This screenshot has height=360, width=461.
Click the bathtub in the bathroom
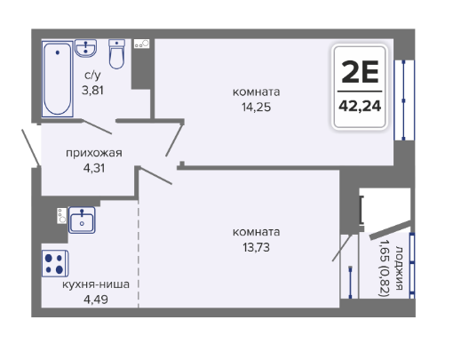tap(58, 79)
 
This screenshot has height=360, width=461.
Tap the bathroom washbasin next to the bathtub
tap(85, 48)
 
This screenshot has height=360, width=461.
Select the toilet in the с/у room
tap(117, 54)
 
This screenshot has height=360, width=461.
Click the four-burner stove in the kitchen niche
tap(55, 263)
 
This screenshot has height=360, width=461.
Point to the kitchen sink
tap(82, 220)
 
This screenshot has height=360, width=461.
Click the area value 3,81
tap(92, 90)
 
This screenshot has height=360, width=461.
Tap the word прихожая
tap(94, 153)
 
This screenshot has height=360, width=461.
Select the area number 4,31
tap(94, 168)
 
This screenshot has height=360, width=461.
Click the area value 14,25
tap(256, 107)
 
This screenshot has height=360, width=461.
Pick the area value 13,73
tap(256, 247)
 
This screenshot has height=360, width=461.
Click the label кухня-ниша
tap(96, 284)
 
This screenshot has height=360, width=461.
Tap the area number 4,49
tap(96, 300)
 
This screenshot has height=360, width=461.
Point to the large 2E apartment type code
tap(360, 72)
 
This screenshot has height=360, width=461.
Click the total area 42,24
tap(360, 106)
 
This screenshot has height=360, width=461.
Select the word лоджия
tap(399, 268)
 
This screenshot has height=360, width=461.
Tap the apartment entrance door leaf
tap(31, 148)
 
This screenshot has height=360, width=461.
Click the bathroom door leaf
tap(97, 127)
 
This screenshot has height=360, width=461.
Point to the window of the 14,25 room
tap(404, 100)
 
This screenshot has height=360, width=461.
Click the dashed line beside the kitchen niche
tap(139, 253)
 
